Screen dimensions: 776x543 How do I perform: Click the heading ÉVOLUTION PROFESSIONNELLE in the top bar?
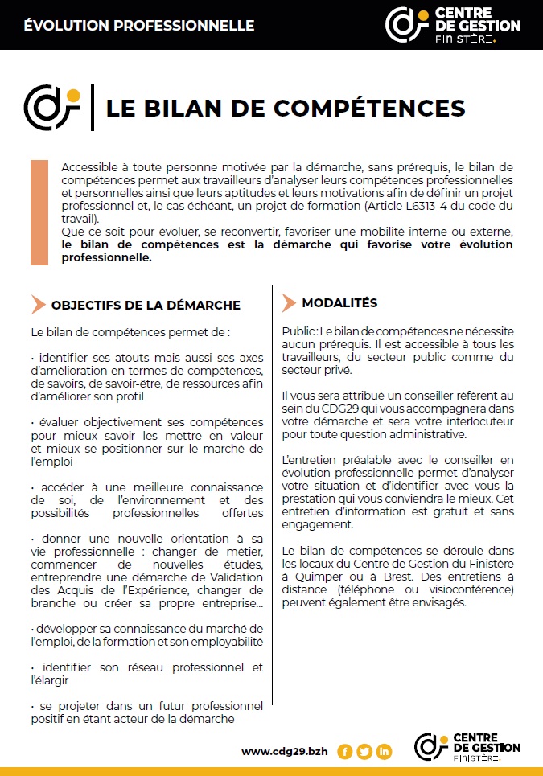click(139, 25)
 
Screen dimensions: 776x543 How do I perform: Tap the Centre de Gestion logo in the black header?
click(453, 24)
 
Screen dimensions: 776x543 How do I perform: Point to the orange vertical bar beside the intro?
click(39, 212)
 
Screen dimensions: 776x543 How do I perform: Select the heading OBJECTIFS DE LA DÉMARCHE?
click(146, 305)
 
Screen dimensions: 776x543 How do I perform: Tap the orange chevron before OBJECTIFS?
click(38, 304)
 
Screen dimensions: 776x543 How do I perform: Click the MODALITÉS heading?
click(339, 303)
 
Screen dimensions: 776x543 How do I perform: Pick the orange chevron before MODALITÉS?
click(289, 303)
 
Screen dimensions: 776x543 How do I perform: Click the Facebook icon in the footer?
click(345, 752)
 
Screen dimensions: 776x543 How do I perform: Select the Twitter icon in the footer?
click(364, 752)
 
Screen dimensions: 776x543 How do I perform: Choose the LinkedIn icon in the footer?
click(384, 752)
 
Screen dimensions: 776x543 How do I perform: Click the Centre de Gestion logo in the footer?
click(467, 747)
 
